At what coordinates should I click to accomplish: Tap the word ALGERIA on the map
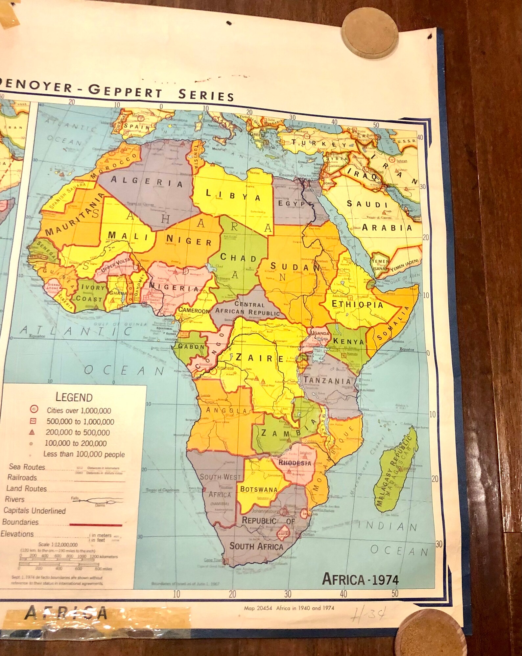147,181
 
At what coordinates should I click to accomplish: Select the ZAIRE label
259,358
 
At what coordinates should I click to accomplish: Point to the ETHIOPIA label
357,304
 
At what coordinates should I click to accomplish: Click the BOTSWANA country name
259,489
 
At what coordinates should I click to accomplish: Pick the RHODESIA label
295,463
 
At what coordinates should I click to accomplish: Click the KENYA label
348,341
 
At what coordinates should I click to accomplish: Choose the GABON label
191,346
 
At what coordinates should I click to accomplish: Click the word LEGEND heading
74,397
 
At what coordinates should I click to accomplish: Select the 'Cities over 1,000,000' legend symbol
34,409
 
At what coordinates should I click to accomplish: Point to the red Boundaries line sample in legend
96,524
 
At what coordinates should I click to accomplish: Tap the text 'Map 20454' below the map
258,608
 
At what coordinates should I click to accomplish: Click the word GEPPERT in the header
125,91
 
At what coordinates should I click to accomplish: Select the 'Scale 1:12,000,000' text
58,545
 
